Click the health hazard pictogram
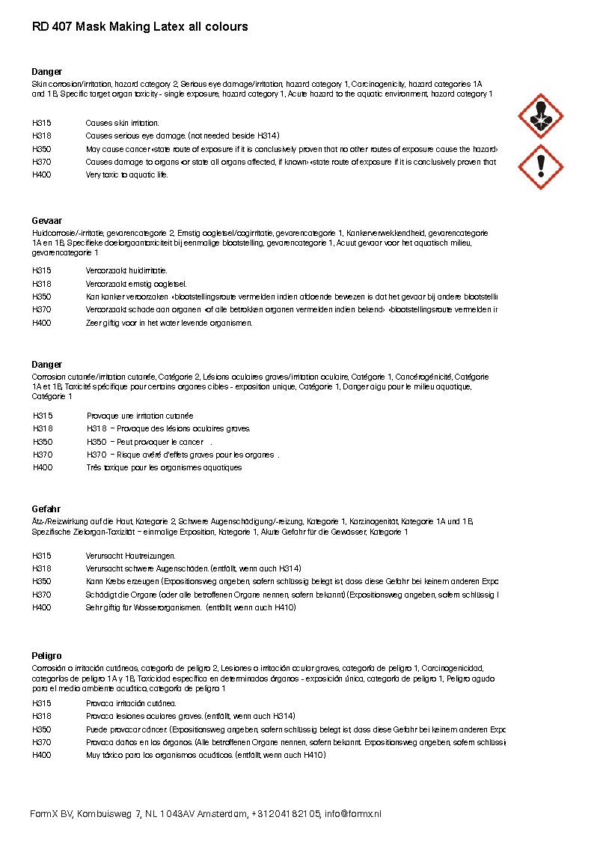pyautogui.click(x=540, y=116)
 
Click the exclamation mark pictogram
pyautogui.click(x=540, y=166)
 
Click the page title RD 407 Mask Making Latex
pyautogui.click(x=140, y=27)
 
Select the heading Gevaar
pyautogui.click(x=46, y=222)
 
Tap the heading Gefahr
pyautogui.click(x=46, y=509)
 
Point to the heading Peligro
pyautogui.click(x=46, y=656)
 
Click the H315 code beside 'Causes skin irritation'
pyautogui.click(x=42, y=123)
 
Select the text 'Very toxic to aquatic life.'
pyautogui.click(x=127, y=175)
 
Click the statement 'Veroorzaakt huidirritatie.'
pyautogui.click(x=126, y=270)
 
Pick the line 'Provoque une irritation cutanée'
pyautogui.click(x=140, y=416)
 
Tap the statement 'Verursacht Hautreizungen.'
pyautogui.click(x=130, y=556)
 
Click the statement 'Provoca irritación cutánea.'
pyautogui.click(x=131, y=703)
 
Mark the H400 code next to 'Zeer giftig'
pyautogui.click(x=42, y=323)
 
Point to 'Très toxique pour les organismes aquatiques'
pyautogui.click(x=164, y=467)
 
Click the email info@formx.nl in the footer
pyautogui.click(x=352, y=813)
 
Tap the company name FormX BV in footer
pyautogui.click(x=51, y=813)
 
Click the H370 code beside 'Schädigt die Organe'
pyautogui.click(x=42, y=595)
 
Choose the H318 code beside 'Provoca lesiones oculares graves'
pyautogui.click(x=42, y=716)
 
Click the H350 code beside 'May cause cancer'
pyautogui.click(x=42, y=149)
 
